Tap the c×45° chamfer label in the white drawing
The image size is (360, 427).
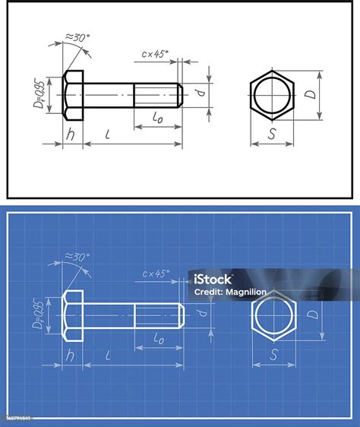156,54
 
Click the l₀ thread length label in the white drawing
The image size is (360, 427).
157,118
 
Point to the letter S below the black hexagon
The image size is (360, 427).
272,134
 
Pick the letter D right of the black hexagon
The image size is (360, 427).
310,94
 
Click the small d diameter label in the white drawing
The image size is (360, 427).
200,93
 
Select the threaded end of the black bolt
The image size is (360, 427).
158,96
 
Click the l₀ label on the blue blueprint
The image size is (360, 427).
158,338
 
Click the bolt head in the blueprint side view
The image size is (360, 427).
73,315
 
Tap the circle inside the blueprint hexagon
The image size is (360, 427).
272,316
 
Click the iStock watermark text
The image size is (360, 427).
213,278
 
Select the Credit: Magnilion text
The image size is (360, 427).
230,292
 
